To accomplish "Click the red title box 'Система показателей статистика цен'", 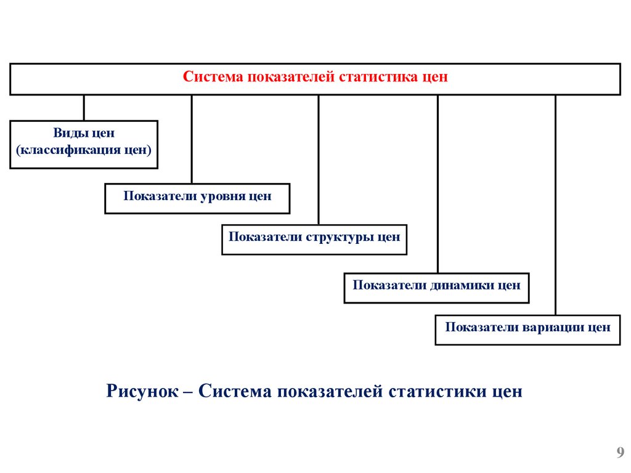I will pyautogui.click(x=315, y=79).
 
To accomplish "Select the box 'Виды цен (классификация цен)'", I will pyautogui.click(x=84, y=144).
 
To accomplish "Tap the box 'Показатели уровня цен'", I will pyautogui.click(x=197, y=198).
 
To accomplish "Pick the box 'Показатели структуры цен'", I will pyautogui.click(x=314, y=240).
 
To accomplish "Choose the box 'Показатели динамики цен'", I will pyautogui.click(x=436, y=288).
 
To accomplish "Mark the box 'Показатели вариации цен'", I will pyautogui.click(x=527, y=329).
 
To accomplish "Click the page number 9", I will pyautogui.click(x=620, y=454).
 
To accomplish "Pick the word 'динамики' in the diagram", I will pyautogui.click(x=460, y=285).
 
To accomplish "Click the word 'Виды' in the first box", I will pyautogui.click(x=68, y=133).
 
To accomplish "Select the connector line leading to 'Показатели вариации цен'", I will pyautogui.click(x=555, y=203).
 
